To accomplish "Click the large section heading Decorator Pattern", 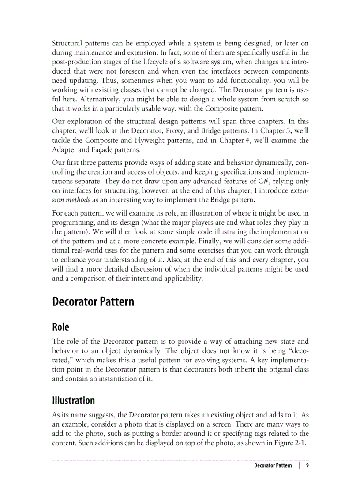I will click(93, 302).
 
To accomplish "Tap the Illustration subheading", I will click(73, 401).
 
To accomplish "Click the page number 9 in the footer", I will click(307, 466).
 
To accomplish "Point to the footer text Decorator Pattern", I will click(273, 466).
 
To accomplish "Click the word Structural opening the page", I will click(66, 43).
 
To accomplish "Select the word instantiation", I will click(112, 378).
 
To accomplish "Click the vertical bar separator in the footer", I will click(299, 466).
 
